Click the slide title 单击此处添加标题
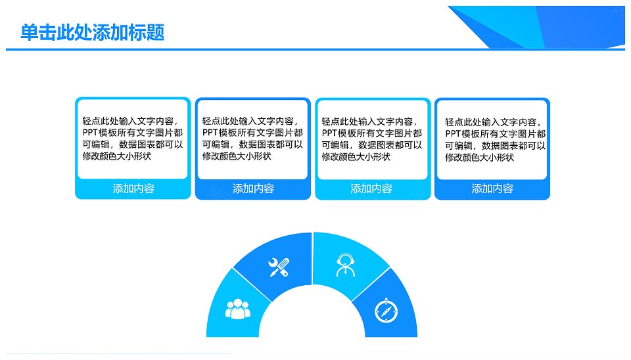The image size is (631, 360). [x=93, y=33]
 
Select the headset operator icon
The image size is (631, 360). [x=346, y=265]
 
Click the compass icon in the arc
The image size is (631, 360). [x=386, y=311]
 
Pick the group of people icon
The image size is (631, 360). [x=238, y=309]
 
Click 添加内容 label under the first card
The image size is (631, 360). [x=133, y=189]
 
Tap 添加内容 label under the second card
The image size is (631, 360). [x=254, y=189]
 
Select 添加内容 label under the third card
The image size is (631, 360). [x=371, y=189]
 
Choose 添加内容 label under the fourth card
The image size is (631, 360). [x=492, y=189]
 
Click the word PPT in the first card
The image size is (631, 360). [x=91, y=133]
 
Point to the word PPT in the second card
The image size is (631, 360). [x=210, y=133]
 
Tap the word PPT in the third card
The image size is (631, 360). [x=329, y=133]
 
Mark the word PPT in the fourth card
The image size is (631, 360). [x=453, y=134]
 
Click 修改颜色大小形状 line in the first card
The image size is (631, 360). [x=117, y=156]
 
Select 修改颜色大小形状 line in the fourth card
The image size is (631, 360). [x=480, y=157]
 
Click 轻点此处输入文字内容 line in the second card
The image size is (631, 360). [x=250, y=121]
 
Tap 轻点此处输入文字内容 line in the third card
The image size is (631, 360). [x=370, y=122]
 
